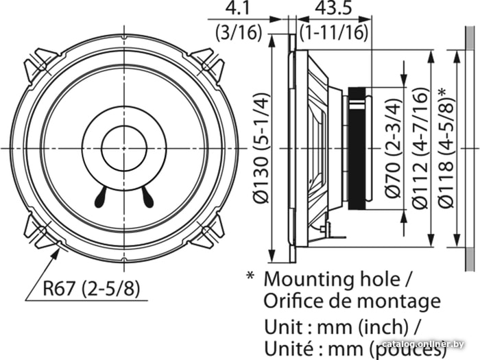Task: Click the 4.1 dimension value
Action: click(237, 8)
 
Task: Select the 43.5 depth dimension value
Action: click(333, 8)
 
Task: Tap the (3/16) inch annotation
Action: click(239, 32)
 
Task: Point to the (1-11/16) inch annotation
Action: click(334, 32)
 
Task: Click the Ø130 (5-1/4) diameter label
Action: click(261, 148)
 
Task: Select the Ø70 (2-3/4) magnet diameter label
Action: click(393, 148)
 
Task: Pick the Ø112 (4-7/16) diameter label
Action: click(419, 148)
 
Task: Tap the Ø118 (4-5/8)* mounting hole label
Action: click(446, 148)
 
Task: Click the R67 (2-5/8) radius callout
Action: click(91, 288)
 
